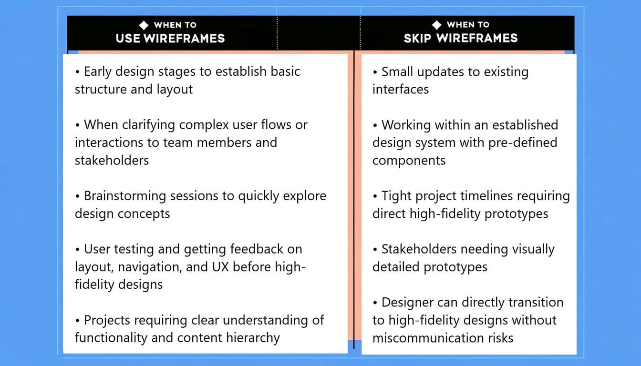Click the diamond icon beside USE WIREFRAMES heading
[x=144, y=25]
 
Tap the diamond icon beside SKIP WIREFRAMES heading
[x=437, y=25]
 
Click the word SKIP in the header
[x=417, y=38]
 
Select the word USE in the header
[x=128, y=38]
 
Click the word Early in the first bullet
[x=98, y=72]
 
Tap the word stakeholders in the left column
[x=112, y=161]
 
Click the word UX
[x=220, y=267]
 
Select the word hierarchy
[x=253, y=338]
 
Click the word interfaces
[x=401, y=90]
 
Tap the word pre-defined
[x=523, y=142]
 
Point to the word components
[x=409, y=161]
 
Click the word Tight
[x=396, y=196]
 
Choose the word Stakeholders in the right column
[x=419, y=249]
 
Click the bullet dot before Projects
[x=77, y=321]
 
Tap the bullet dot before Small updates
[x=375, y=72]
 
